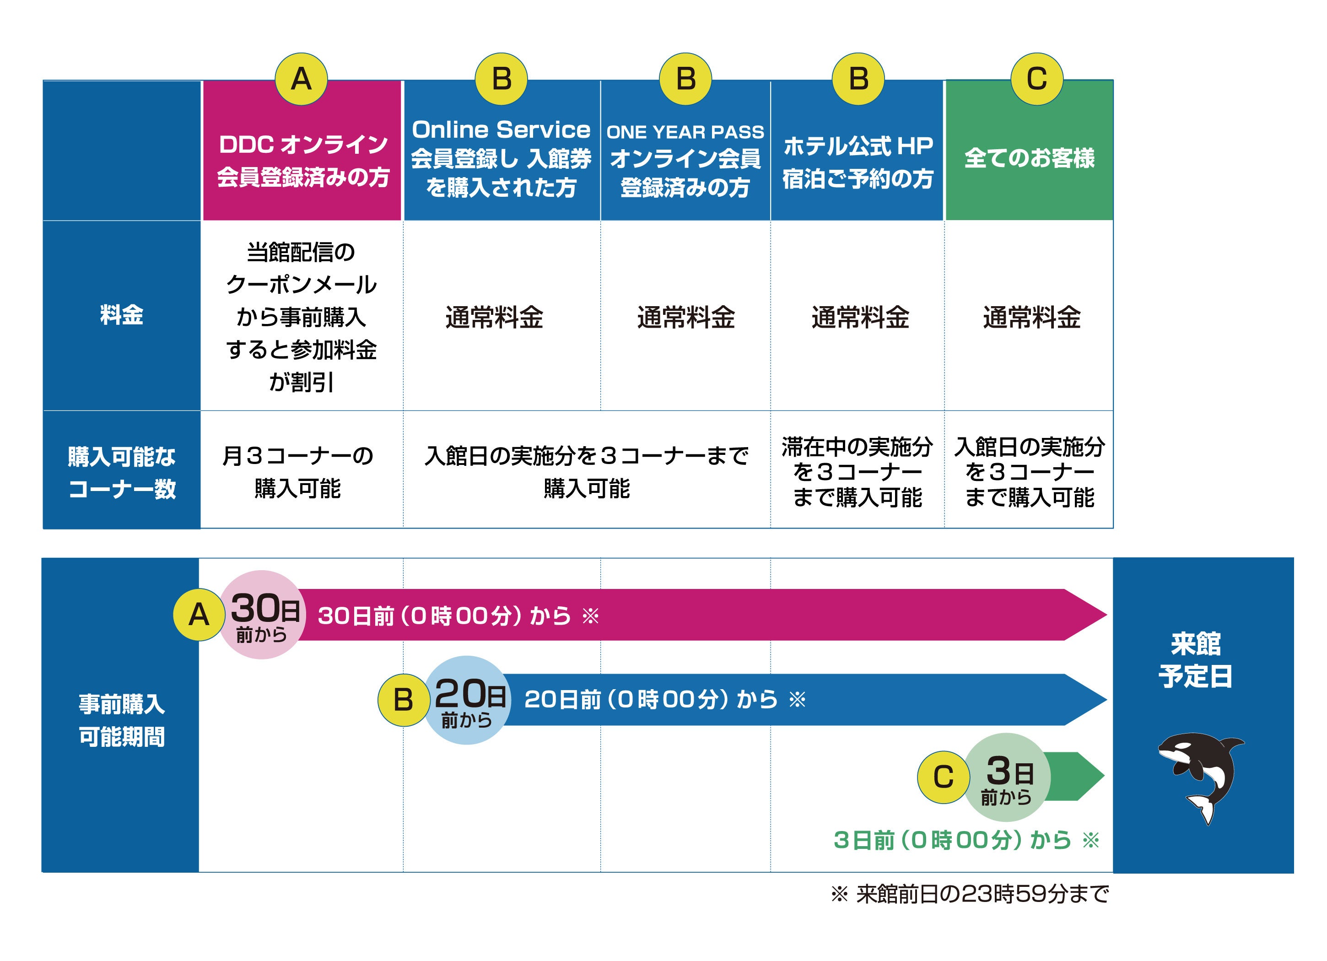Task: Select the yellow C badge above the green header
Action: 1036,79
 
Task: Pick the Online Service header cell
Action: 502,158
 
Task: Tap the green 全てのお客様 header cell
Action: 1029,158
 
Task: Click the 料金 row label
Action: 122,315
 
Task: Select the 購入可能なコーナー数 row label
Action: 122,472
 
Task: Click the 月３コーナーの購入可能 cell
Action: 298,472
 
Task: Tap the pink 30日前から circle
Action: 262,615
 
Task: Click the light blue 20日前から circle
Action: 467,700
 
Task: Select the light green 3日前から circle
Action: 1006,777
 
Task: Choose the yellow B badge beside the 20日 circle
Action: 403,700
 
